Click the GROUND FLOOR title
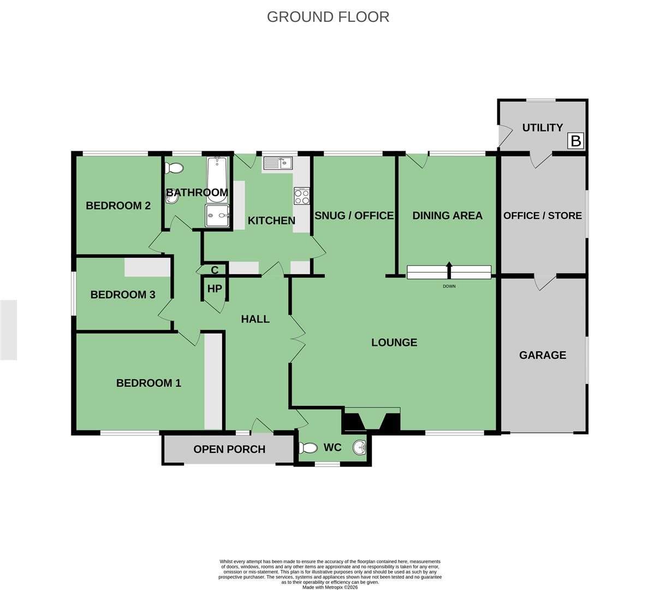[328, 17]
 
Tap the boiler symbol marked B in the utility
[575, 141]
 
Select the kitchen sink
[278, 163]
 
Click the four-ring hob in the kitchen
[301, 196]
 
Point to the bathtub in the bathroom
[218, 180]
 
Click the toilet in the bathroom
[174, 168]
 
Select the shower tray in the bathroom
[217, 215]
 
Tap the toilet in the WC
[308, 448]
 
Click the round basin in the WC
[360, 447]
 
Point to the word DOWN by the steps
[449, 286]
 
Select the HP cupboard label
[215, 288]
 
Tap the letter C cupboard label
[215, 270]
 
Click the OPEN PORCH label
[229, 449]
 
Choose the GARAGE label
[543, 355]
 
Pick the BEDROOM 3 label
[123, 294]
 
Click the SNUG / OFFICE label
[354, 215]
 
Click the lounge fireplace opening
[372, 422]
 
